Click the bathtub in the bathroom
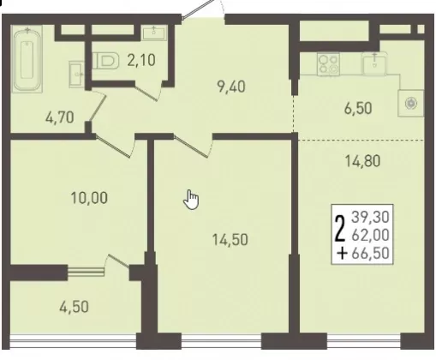coord(27,59)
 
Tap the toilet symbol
coord(105,61)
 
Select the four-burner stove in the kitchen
coord(328,64)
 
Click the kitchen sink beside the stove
coord(375,63)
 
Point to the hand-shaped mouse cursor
coord(191,201)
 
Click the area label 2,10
coord(141,60)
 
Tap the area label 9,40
coord(231,87)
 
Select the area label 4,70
coord(60,117)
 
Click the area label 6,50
coord(358,109)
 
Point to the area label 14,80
coord(363,161)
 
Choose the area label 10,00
coord(89,198)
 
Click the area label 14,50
coord(230,239)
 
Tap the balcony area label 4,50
coord(74,307)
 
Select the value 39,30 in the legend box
coord(371,217)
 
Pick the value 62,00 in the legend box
coord(371,235)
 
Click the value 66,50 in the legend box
coord(371,253)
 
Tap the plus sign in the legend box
coord(342,253)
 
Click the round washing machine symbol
coord(411,103)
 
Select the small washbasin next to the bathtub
coord(76,74)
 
